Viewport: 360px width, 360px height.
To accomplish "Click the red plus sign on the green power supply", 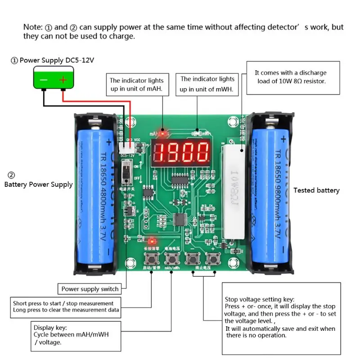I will click(63, 80).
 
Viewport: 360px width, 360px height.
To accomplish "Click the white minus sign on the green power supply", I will click(44, 80).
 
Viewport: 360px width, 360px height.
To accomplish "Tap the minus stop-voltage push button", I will click(193, 259).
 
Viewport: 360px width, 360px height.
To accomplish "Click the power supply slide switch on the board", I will click(127, 173).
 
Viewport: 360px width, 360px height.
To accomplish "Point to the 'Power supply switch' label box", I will click(90, 289).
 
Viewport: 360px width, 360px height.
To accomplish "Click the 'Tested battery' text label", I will click(316, 190).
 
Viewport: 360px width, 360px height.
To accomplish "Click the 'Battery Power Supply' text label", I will click(38, 184).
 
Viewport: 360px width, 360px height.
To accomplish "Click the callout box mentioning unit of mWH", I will click(207, 84).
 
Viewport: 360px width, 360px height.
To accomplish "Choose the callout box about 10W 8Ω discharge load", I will click(293, 77).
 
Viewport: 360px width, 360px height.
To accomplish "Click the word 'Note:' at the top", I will click(32, 27).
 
